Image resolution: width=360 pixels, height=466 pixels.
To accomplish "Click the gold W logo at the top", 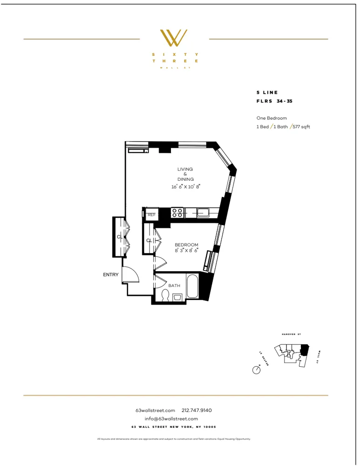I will point(174,38).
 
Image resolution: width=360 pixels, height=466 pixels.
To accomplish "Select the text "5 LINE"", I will point(267,93).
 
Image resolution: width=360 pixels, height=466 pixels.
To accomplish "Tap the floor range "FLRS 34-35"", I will point(274,101).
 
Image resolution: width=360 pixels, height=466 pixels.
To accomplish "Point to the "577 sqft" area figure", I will point(301,127).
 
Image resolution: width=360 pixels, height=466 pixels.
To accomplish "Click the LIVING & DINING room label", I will point(185,174).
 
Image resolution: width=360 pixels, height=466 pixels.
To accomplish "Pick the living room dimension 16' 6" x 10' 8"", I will point(185,186).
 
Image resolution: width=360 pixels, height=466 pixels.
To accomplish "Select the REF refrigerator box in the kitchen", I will point(151,215).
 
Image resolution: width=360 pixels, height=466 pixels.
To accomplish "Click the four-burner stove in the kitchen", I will point(177,213).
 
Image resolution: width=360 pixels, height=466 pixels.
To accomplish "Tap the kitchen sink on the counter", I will point(204,213).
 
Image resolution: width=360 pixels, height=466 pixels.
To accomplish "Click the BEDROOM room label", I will point(186,245).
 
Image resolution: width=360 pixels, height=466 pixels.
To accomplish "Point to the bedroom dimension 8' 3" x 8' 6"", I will point(186,251).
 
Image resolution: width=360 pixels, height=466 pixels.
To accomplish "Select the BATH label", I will point(174,286).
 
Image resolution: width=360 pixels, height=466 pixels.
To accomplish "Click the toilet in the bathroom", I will point(164,295).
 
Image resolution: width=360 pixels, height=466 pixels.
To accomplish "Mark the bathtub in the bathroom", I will point(192,287).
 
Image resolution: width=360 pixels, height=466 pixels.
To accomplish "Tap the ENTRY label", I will point(111,275).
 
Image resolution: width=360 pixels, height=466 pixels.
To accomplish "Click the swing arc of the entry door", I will point(132,275).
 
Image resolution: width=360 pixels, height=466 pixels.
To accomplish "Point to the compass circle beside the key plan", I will point(256,370).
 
